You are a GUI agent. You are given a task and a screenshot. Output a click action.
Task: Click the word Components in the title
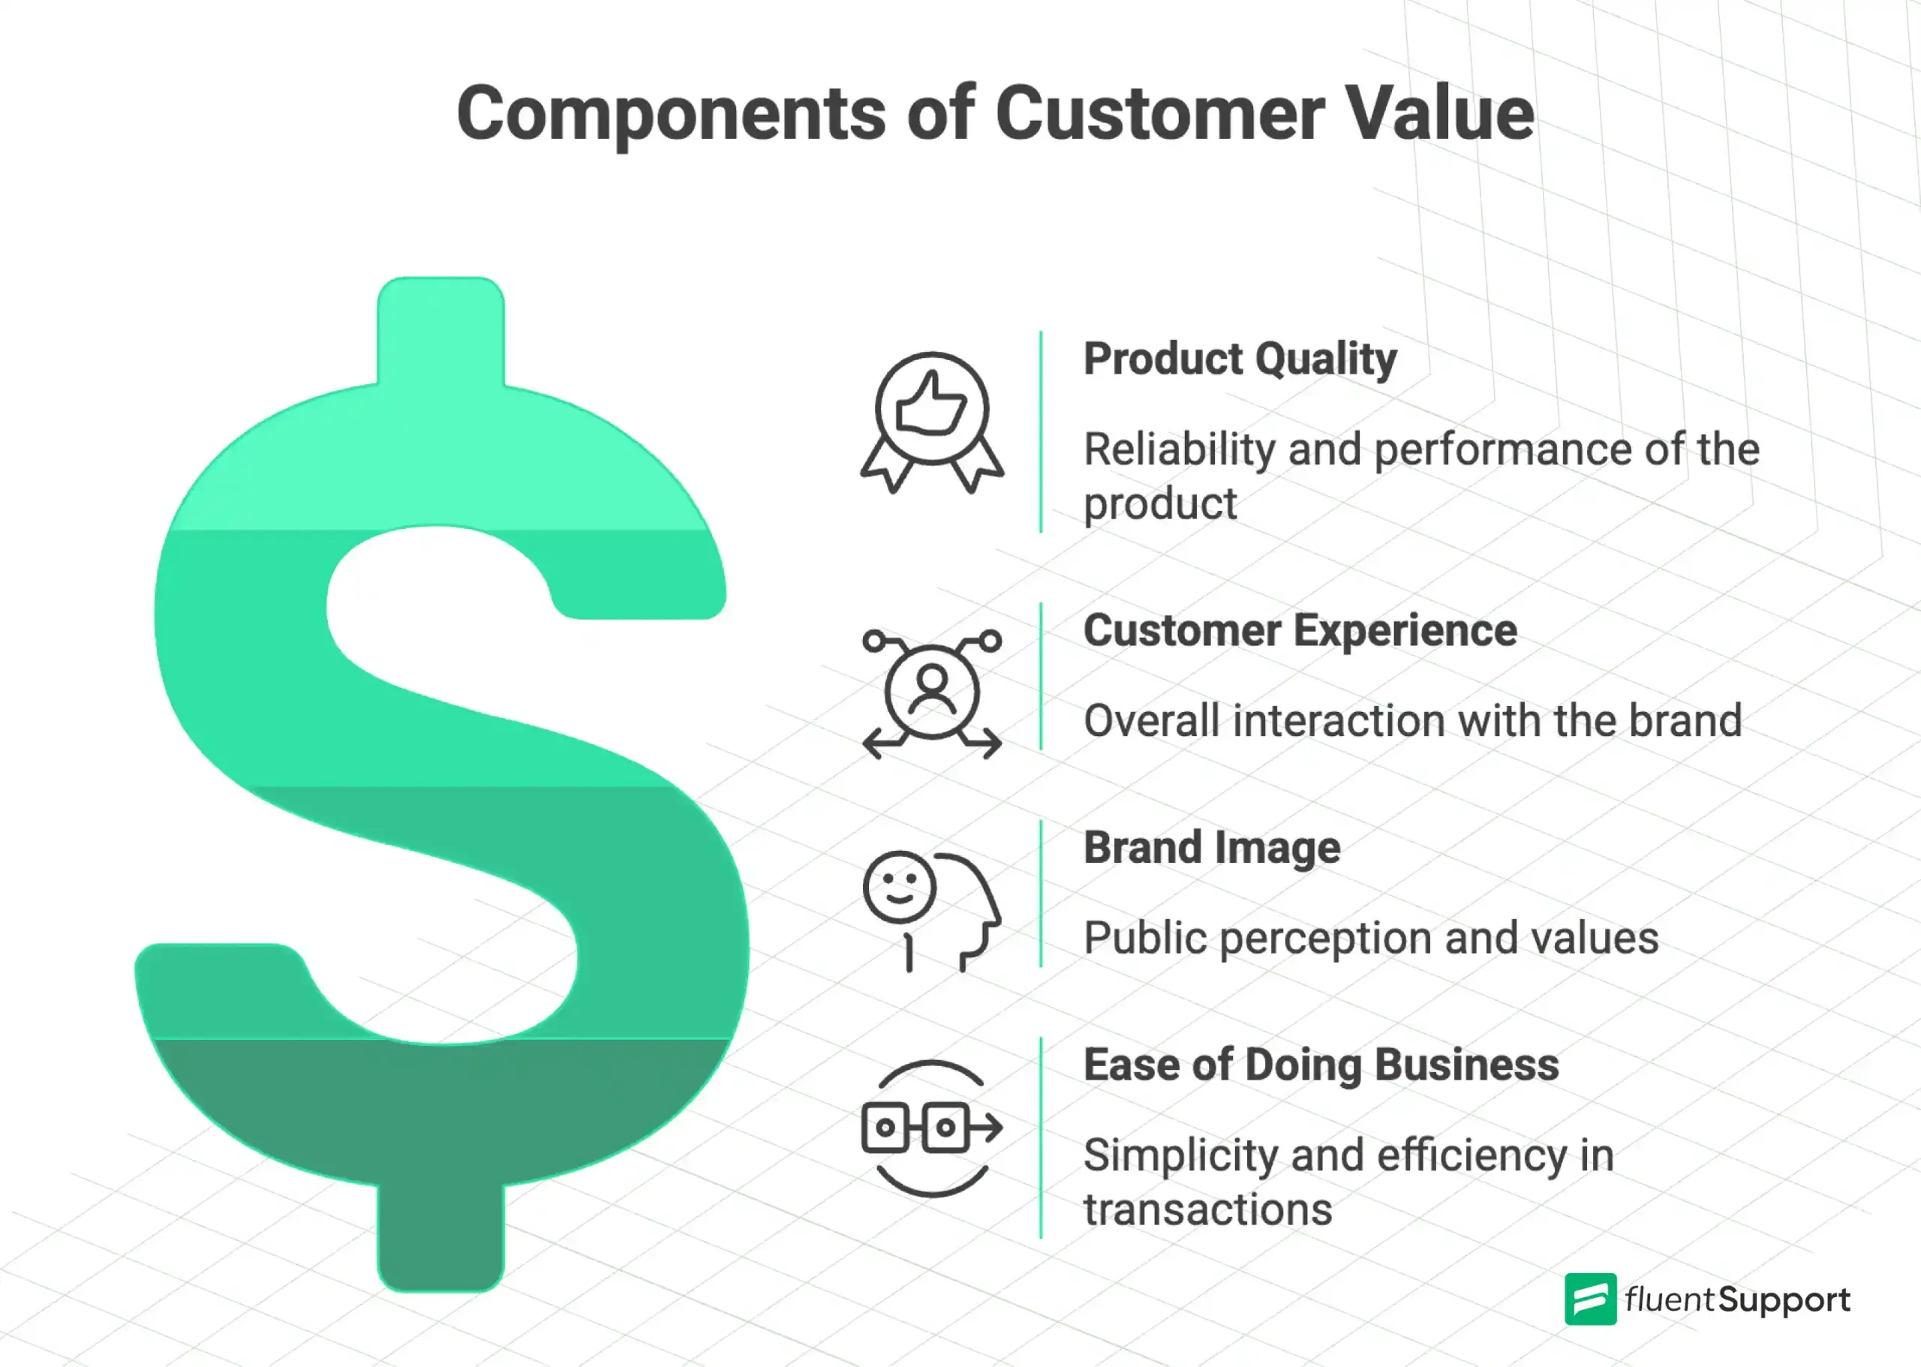(x=671, y=115)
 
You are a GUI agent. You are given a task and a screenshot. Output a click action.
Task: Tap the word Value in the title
(x=1440, y=115)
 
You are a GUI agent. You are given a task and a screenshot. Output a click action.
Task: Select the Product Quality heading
(x=1239, y=359)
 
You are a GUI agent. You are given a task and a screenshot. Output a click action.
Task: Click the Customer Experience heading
(x=1299, y=630)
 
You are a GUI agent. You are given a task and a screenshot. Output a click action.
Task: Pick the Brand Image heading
(x=1211, y=848)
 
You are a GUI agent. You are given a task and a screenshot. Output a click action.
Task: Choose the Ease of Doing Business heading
(x=1320, y=1065)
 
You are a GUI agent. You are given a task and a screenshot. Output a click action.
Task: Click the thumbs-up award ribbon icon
(x=932, y=421)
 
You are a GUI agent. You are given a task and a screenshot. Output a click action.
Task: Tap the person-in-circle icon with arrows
(x=932, y=693)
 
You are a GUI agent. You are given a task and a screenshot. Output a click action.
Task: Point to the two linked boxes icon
(x=930, y=1127)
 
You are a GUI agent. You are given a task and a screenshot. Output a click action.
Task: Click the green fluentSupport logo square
(x=1589, y=1299)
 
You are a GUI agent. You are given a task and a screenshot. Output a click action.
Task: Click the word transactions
(x=1207, y=1210)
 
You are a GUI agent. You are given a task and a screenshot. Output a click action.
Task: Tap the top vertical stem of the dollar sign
(x=440, y=332)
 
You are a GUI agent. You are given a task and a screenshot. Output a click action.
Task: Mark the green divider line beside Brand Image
(x=1041, y=893)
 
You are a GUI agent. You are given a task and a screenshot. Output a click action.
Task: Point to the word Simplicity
(x=1180, y=1155)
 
